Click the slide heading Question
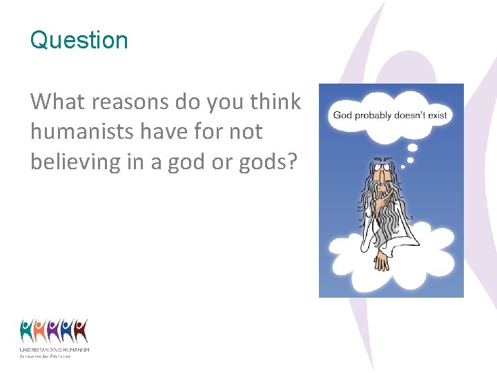pos(79,40)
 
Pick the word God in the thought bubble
pos(344,115)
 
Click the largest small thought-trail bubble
pos(413,146)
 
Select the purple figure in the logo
pos(54,331)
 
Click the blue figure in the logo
pos(67,331)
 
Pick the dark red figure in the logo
pos(81,331)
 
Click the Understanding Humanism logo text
pos(54,350)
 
